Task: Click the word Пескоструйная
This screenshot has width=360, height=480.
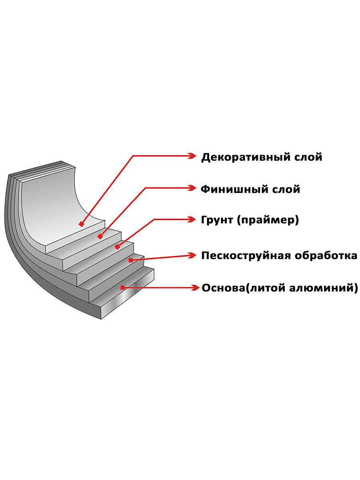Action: [x=245, y=256]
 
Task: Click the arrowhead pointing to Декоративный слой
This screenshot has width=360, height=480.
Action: [x=192, y=156]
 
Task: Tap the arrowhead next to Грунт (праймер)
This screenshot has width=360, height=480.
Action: [x=192, y=219]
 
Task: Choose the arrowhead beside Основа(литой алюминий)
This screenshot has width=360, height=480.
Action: [x=195, y=287]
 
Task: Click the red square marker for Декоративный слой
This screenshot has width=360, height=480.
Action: [x=82, y=224]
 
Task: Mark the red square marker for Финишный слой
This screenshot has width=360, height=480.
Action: [x=100, y=237]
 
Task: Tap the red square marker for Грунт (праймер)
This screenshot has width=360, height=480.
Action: [x=117, y=247]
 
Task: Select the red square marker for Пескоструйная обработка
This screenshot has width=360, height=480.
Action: [x=130, y=260]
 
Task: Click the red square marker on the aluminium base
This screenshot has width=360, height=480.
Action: [x=122, y=287]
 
